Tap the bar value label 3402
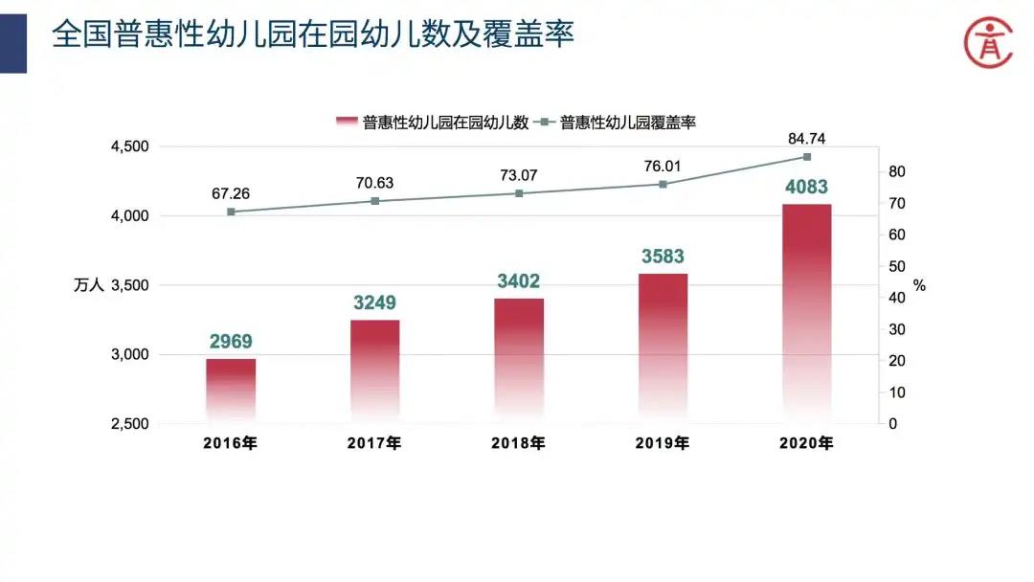[x=519, y=281]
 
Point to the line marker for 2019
[x=663, y=184]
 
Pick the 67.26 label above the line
[x=231, y=193]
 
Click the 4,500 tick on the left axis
[x=130, y=146]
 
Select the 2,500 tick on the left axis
[x=130, y=424]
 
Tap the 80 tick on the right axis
[x=897, y=172]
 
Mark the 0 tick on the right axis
[x=893, y=424]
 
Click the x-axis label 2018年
[x=518, y=443]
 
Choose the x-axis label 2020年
[x=806, y=443]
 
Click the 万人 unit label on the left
[x=88, y=285]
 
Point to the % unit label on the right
[x=919, y=285]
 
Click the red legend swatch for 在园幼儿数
[x=347, y=122]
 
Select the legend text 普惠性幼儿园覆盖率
[x=628, y=122]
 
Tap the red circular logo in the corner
[x=987, y=41]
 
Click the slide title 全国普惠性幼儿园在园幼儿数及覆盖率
[x=313, y=35]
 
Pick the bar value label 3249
[x=374, y=303]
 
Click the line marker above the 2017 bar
[x=375, y=201]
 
